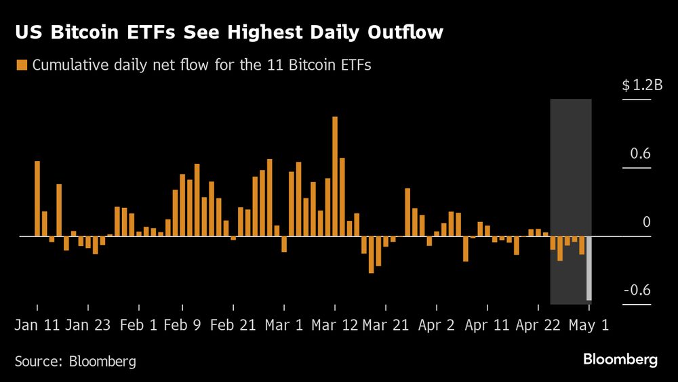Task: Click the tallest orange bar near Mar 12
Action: (x=335, y=176)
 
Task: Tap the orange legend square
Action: (x=21, y=65)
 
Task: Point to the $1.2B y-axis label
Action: (x=641, y=85)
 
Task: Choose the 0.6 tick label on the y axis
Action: (x=640, y=154)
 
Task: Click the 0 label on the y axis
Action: (x=646, y=222)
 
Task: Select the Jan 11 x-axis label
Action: (x=37, y=325)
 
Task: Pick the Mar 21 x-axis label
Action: (x=385, y=325)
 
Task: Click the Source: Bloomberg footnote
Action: (x=75, y=361)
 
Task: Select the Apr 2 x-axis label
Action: (x=436, y=325)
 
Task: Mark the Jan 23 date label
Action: (x=88, y=325)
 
